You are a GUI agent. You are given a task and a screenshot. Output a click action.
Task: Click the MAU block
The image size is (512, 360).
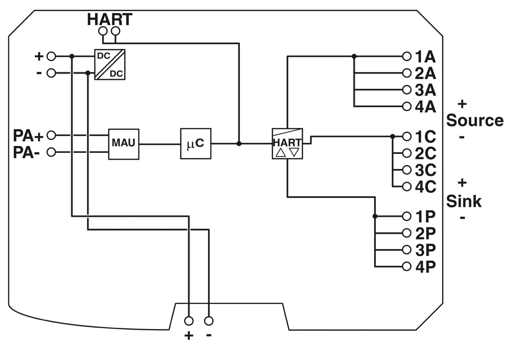tap(124, 144)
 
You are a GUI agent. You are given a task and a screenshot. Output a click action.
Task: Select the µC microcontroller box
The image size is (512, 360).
tap(196, 144)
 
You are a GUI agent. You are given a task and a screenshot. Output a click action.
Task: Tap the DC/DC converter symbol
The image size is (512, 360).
tap(110, 64)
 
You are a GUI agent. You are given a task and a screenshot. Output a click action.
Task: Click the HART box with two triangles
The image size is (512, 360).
tap(287, 144)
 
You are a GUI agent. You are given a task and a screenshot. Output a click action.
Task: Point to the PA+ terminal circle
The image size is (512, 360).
tap(51, 135)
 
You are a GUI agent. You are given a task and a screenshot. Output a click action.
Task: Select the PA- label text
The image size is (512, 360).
tap(27, 153)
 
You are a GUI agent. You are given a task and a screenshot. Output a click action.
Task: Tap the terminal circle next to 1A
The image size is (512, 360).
tap(407, 56)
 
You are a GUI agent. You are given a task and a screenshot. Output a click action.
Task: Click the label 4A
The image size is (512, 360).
tap(425, 107)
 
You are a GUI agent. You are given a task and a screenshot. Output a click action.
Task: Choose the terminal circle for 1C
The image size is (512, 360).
tap(407, 136)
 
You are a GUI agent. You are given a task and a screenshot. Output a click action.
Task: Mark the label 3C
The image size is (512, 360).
tap(425, 170)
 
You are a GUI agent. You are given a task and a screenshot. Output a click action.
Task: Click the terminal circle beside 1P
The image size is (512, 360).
tap(407, 216)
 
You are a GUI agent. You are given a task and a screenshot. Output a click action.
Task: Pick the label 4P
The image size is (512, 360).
tap(425, 267)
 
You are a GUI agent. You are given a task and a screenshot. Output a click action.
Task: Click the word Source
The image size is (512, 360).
tap(474, 120)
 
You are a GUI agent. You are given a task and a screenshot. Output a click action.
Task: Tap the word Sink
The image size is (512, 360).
tap(464, 201)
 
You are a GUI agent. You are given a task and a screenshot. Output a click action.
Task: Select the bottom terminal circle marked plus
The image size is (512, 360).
tap(189, 321)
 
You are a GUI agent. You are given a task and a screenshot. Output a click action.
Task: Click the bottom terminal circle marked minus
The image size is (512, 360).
tap(209, 321)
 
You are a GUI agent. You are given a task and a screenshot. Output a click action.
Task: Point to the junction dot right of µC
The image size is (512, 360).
tap(239, 144)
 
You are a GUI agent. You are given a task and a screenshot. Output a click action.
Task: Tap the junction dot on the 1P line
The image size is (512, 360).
tap(375, 216)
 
